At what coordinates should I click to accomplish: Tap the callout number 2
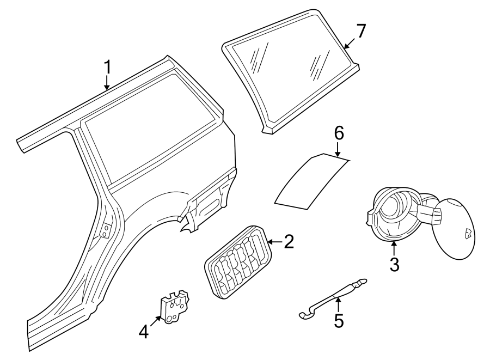[x=289, y=242]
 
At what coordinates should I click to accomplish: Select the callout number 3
[x=395, y=265]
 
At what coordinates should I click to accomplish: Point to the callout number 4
[x=143, y=331]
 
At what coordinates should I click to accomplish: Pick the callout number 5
[x=339, y=321]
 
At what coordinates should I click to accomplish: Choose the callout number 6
[x=339, y=133]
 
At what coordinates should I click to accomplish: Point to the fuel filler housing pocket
[x=394, y=212]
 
